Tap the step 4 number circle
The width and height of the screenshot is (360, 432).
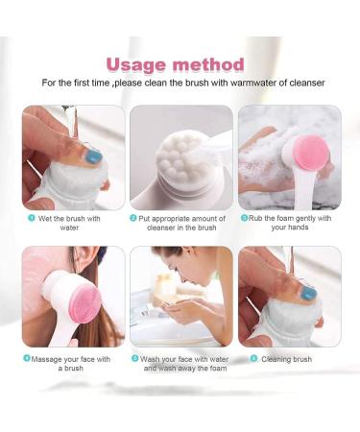pyautogui.click(x=26, y=359)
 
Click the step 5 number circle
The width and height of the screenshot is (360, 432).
pyautogui.click(x=136, y=359)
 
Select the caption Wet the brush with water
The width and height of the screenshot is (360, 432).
pyautogui.click(x=72, y=223)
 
